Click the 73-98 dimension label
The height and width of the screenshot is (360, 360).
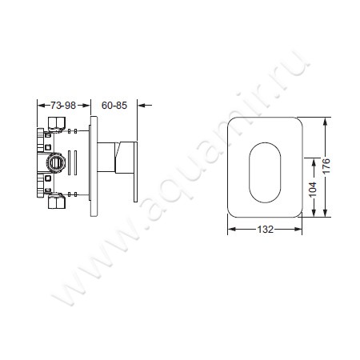[63, 106]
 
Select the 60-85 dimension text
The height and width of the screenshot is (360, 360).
[114, 106]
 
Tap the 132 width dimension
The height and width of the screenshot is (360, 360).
[265, 229]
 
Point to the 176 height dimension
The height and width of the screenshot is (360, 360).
[326, 166]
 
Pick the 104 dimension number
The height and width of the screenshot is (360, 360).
[313, 190]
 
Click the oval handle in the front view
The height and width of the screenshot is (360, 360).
[265, 173]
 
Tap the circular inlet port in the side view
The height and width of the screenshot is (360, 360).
[56, 162]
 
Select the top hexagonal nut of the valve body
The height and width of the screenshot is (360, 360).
[57, 122]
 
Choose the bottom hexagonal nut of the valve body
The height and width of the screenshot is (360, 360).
[57, 202]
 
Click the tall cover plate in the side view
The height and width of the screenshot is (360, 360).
[94, 166]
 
